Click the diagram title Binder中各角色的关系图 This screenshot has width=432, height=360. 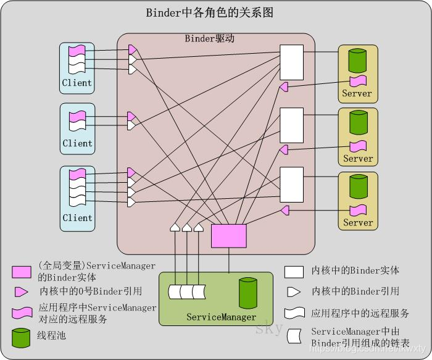tap(209, 12)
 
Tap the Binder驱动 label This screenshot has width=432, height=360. tap(210, 38)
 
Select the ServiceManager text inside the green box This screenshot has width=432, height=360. tap(221, 317)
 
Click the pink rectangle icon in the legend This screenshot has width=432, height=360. tap(22, 272)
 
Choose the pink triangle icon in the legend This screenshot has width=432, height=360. tap(20, 291)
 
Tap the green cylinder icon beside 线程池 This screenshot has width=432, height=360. tap(20, 337)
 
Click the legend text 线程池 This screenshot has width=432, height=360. tap(52, 337)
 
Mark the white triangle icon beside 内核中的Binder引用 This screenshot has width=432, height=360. tap(294, 291)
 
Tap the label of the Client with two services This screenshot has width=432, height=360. tap(77, 143)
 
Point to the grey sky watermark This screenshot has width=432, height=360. tap(269, 327)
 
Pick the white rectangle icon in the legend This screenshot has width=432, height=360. tap(294, 271)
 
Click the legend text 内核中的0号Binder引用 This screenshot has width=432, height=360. tap(91, 291)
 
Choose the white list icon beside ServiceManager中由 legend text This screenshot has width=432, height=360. tap(294, 335)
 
